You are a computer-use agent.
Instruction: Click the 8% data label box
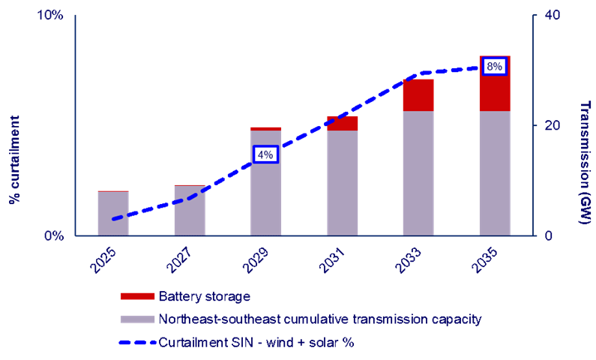coord(494,66)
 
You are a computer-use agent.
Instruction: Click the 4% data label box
coord(265,154)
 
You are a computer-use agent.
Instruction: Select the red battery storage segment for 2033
coord(418,95)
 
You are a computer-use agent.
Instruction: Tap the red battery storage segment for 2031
coord(342,124)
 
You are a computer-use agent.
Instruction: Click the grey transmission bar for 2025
coord(113,214)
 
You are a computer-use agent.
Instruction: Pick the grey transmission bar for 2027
coord(190,211)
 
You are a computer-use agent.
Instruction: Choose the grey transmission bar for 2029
coord(265,183)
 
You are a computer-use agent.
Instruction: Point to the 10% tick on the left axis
coord(49,16)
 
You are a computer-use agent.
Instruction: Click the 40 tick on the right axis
coord(553,16)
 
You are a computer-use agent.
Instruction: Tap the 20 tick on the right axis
coord(553,125)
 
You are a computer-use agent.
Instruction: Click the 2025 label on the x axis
coord(103,259)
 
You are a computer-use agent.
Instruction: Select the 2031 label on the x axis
coord(332,259)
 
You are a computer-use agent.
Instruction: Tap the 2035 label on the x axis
coord(485,259)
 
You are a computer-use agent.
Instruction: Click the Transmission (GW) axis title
coord(585,163)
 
